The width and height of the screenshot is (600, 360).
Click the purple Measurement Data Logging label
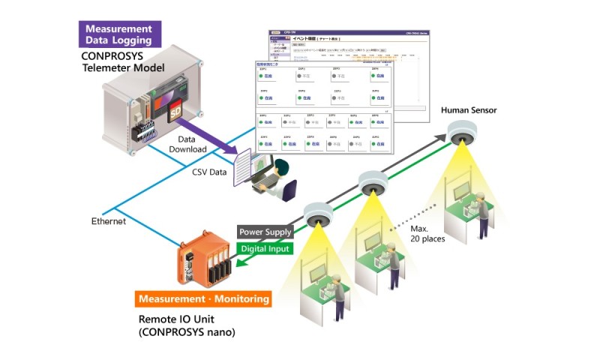[x=120, y=34]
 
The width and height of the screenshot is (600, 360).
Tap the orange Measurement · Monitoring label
[x=203, y=298]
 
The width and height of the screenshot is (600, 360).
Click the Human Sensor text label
[x=469, y=110]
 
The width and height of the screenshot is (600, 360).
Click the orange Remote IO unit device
[x=206, y=262]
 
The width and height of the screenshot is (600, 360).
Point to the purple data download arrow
[x=217, y=142]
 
